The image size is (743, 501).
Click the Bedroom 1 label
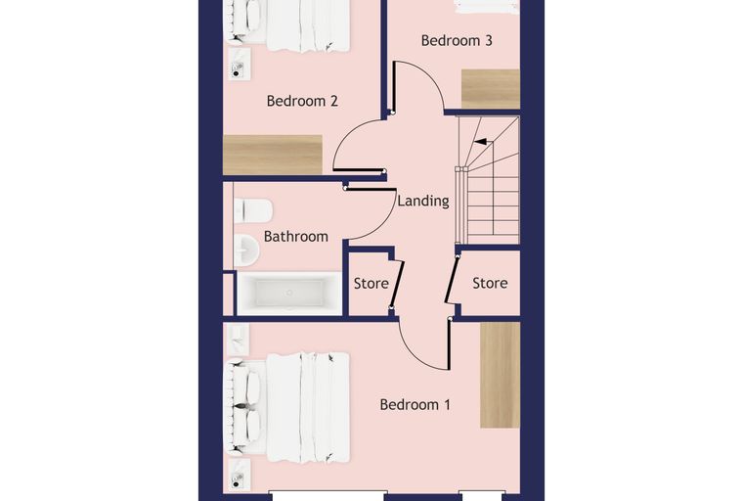[x=415, y=405]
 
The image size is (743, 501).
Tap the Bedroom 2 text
[x=302, y=101]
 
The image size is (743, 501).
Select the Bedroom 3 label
[x=457, y=40]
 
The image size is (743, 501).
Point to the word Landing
[x=423, y=202]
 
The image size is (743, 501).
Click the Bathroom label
[x=295, y=236]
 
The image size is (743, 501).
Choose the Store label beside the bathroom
[x=371, y=284]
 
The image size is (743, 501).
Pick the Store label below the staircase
[x=490, y=283]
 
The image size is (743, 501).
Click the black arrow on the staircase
[x=480, y=141]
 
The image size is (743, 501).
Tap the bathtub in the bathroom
[x=289, y=294]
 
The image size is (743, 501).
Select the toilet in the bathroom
[x=253, y=210]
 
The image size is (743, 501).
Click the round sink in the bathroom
[x=246, y=250]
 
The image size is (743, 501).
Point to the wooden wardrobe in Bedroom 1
[x=500, y=376]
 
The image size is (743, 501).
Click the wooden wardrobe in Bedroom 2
[x=273, y=155]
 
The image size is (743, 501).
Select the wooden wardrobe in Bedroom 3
[x=491, y=89]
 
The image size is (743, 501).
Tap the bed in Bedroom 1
[x=289, y=407]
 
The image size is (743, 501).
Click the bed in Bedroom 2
[x=289, y=23]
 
